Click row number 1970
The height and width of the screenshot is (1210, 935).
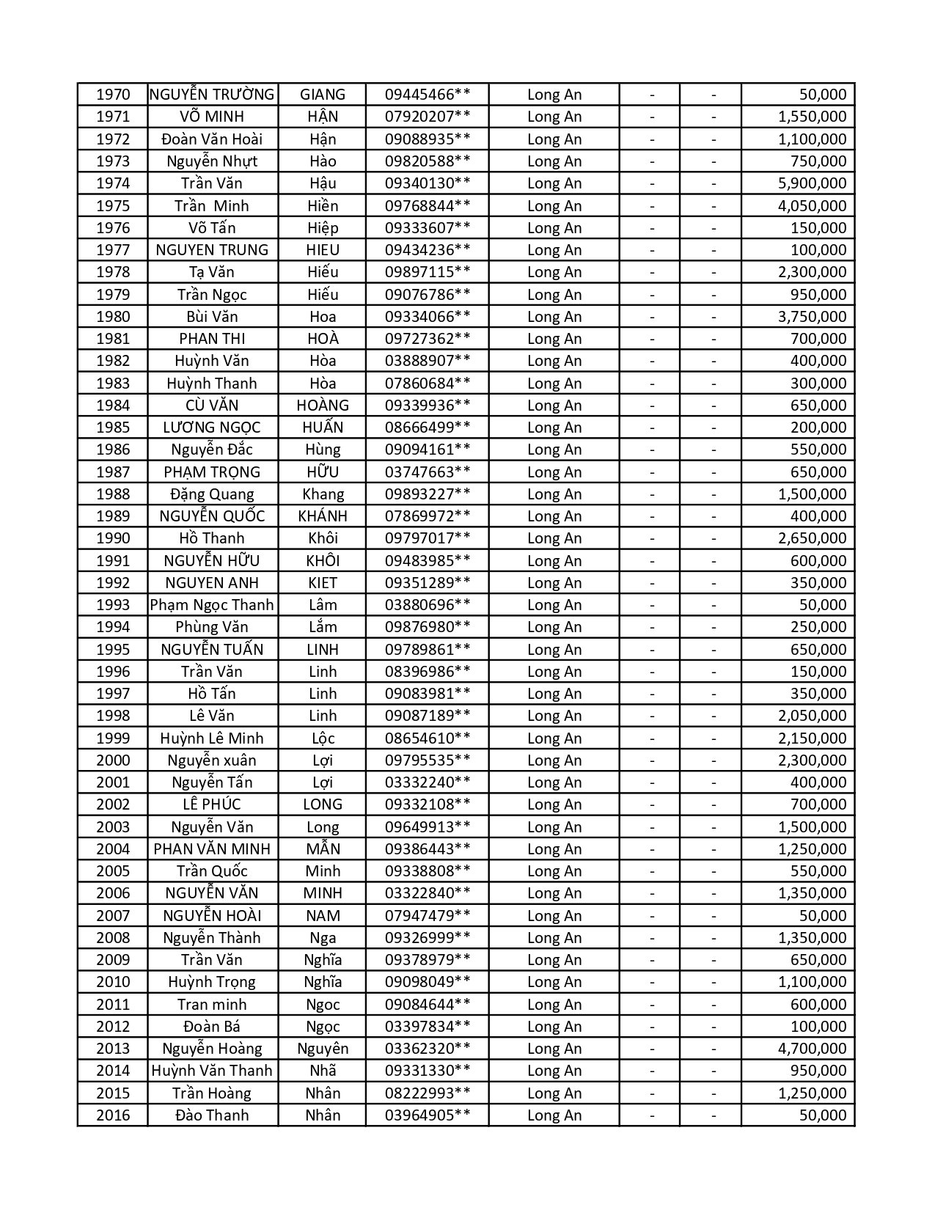(113, 95)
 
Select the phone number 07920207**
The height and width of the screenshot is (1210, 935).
(428, 117)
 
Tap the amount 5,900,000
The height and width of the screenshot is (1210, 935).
(812, 183)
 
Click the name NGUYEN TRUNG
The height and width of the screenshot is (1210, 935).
(212, 250)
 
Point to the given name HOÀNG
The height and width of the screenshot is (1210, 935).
(323, 406)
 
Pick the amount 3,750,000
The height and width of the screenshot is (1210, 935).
(812, 317)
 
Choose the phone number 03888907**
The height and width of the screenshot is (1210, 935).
(428, 361)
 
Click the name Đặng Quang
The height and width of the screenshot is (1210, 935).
(212, 494)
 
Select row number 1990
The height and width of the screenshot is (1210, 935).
(113, 538)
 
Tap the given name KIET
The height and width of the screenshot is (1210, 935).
(323, 583)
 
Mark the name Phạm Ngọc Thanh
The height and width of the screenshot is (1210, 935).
(212, 605)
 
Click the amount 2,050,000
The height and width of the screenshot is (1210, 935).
(812, 716)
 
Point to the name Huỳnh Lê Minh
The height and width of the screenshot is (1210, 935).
(212, 738)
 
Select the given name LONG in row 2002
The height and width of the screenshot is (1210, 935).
(323, 804)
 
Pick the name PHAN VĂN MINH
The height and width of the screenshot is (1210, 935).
(212, 849)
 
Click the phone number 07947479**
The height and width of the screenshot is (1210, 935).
(428, 916)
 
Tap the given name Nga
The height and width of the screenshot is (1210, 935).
(323, 938)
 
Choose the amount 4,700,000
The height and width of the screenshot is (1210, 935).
(812, 1049)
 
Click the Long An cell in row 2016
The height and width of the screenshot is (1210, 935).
(554, 1115)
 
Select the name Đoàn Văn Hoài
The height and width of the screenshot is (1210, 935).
(212, 139)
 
